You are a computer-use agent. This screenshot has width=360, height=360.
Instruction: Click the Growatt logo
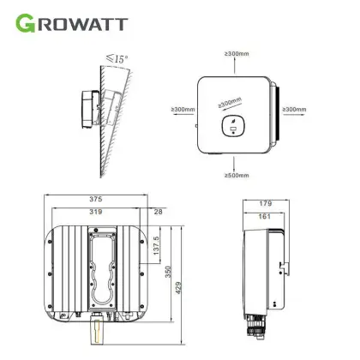click(x=71, y=23)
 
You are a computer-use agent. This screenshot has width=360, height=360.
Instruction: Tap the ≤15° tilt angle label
click(x=117, y=58)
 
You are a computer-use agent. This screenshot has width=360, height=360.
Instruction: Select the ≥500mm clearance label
click(x=237, y=175)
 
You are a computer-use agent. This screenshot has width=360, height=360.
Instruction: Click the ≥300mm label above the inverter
click(x=237, y=53)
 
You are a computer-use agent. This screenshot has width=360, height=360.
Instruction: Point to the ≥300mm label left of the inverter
click(x=183, y=109)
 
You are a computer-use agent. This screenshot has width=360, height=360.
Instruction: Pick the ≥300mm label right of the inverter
click(x=294, y=109)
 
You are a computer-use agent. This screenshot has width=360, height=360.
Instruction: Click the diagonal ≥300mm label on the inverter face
click(x=230, y=103)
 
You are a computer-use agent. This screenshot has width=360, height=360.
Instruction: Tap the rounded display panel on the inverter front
click(x=234, y=126)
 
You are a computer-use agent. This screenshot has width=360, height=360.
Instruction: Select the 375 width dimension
click(x=96, y=199)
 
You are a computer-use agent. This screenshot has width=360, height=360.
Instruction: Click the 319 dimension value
click(x=96, y=212)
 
